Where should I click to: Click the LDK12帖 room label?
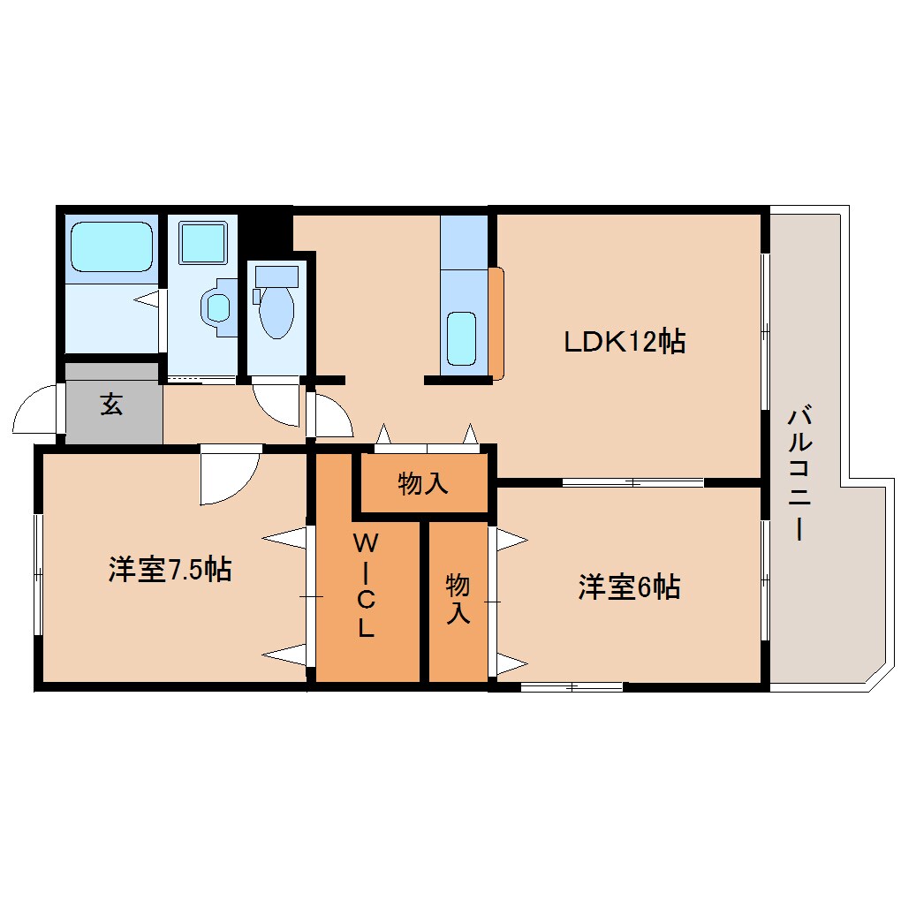tap(625, 341)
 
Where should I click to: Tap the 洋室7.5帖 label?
tap(170, 570)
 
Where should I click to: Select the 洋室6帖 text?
tap(629, 587)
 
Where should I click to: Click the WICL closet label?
tap(367, 586)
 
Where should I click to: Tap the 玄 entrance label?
tap(111, 405)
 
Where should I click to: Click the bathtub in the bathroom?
tap(110, 246)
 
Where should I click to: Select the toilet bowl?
tap(276, 311)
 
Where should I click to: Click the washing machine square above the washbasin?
tap(202, 241)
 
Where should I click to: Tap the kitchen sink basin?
tap(461, 337)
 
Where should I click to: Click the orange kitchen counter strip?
tap(496, 322)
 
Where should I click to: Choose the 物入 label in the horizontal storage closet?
tap(423, 483)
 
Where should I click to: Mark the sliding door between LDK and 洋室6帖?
tap(632, 482)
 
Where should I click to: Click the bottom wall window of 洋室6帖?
tap(572, 686)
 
